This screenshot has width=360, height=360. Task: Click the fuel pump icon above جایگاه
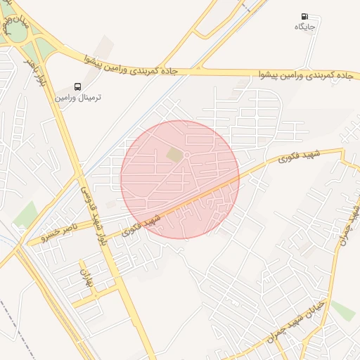click(304, 16)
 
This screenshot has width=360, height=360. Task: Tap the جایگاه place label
click(306, 27)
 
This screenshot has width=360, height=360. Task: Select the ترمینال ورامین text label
click(79, 97)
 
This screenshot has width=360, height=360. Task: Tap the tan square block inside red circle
click(174, 154)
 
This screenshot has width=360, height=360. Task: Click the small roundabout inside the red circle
click(188, 155)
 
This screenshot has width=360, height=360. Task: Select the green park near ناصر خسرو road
click(26, 214)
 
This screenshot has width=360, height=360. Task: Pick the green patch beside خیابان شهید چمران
click(343, 310)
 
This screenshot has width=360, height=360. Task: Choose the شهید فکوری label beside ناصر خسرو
click(141, 225)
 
